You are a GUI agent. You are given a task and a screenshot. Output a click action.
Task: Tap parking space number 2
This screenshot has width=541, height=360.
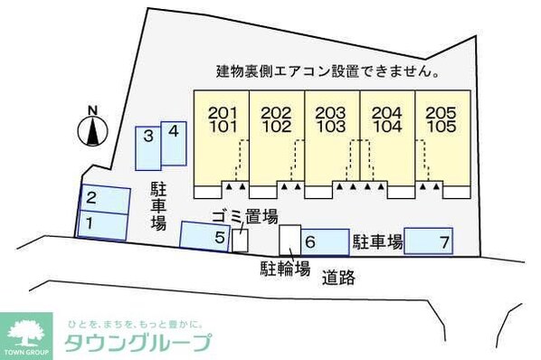101,198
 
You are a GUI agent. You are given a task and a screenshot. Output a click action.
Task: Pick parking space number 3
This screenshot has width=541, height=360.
147,147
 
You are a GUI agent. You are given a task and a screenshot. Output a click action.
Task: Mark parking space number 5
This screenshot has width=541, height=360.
206,236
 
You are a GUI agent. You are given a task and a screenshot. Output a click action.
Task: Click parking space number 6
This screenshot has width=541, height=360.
324,242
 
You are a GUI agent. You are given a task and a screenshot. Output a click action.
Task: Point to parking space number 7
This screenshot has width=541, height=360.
429,242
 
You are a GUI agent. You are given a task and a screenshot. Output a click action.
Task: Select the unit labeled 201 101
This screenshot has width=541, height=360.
222,136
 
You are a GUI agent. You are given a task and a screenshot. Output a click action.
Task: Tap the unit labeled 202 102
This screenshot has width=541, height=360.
276,136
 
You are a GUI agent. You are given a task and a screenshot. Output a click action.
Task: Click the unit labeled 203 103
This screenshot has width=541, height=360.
331,136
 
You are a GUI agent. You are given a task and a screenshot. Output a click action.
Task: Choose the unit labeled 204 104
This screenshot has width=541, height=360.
387,136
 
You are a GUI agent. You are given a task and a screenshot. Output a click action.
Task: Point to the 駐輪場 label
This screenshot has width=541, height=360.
285,268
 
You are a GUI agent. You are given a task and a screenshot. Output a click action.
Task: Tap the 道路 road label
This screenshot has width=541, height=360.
338,279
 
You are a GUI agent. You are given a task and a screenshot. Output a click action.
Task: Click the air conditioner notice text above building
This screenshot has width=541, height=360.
327,71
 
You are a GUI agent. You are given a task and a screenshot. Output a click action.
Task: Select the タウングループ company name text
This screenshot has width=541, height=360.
138,343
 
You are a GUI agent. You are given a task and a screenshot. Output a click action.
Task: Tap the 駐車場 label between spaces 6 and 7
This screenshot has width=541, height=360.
376,242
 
